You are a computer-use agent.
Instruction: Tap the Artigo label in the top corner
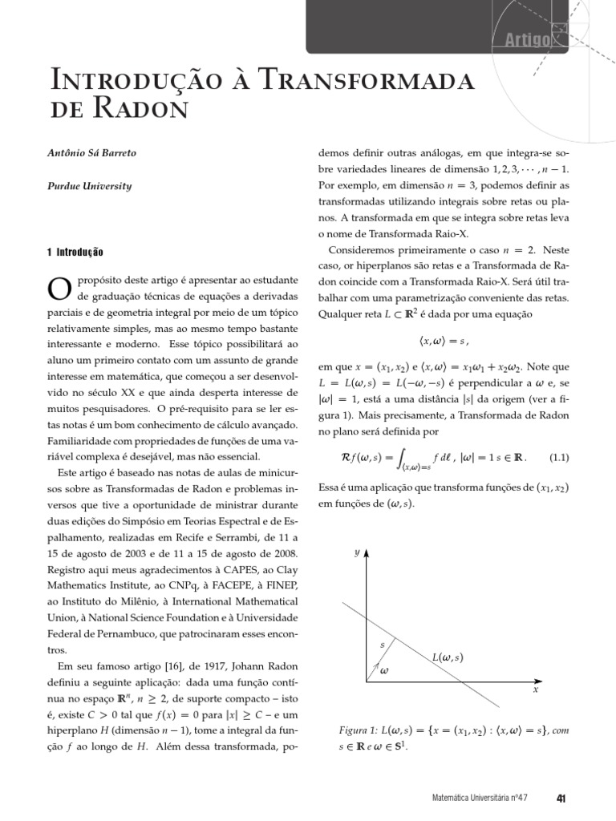(527, 41)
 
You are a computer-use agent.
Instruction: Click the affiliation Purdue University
(88, 186)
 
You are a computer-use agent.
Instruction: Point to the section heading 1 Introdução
(75, 252)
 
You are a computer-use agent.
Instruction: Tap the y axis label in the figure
(357, 552)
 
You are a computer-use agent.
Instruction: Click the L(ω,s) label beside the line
(448, 657)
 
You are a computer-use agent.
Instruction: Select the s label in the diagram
(382, 645)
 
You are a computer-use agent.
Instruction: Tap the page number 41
(561, 798)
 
